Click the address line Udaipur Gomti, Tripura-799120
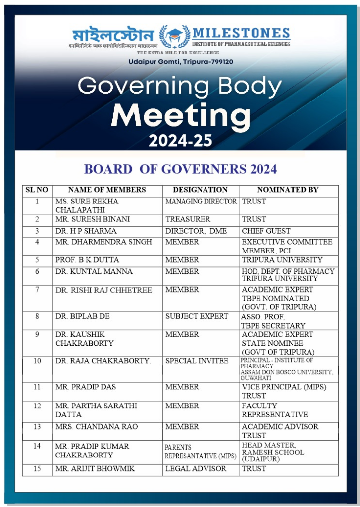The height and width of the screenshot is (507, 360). (180, 61)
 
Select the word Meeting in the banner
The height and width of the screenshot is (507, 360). (180, 115)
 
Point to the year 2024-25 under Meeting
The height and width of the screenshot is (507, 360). (180, 141)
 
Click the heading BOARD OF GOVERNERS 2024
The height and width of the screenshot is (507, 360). (180, 169)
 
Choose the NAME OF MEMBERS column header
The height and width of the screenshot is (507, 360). (107, 190)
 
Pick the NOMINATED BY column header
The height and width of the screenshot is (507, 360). (288, 190)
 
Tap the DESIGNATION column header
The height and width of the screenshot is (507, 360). (200, 190)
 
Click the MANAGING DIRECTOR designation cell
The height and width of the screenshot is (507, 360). (201, 202)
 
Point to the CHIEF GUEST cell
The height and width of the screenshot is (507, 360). (266, 231)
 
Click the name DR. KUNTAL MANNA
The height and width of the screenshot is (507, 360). (94, 271)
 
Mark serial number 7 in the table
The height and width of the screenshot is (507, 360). (37, 290)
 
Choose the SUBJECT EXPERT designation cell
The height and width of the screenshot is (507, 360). (197, 316)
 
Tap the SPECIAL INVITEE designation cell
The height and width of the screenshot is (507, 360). (197, 361)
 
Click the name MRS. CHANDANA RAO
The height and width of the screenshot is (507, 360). (97, 427)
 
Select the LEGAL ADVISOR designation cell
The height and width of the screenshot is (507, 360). (196, 468)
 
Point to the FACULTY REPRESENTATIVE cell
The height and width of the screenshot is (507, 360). (274, 410)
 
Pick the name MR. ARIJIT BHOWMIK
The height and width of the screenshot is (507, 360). (95, 468)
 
